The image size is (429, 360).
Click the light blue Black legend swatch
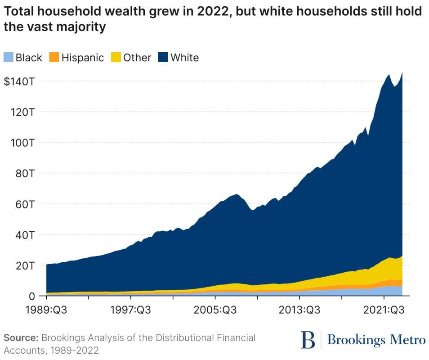point(9,58)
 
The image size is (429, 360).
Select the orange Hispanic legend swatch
point(54,58)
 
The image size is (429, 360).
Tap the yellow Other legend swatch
point(116,58)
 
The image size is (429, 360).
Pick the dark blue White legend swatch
point(163,58)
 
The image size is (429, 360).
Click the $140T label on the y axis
point(19,81)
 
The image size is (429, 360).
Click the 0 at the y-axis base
point(32,296)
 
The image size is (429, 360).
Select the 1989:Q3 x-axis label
point(46,310)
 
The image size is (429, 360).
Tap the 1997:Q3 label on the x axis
point(131,310)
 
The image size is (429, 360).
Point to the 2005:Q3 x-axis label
point(215,310)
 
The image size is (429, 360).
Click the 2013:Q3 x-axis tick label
point(300,310)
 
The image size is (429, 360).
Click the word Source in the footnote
point(21,338)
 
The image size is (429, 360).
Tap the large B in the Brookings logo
point(308,340)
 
